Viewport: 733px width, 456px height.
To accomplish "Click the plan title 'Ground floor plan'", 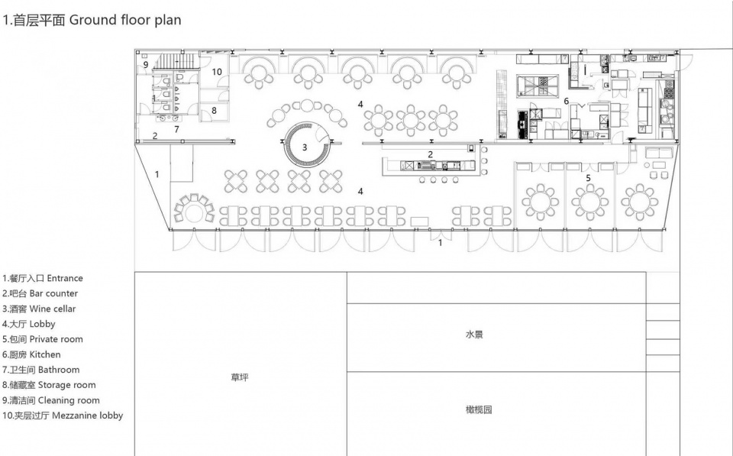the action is pyautogui.click(x=124, y=20).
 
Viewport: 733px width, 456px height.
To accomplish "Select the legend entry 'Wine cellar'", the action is pyautogui.click(x=53, y=309).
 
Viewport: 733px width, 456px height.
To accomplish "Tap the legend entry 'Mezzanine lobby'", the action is pyautogui.click(x=87, y=416).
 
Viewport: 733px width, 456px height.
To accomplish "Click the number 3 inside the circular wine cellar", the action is pyautogui.click(x=305, y=147).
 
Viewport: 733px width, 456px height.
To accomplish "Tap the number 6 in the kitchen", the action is pyautogui.click(x=566, y=101).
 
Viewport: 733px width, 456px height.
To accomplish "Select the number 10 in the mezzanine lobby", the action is pyautogui.click(x=216, y=72).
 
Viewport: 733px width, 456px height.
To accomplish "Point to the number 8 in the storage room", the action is pyautogui.click(x=214, y=111).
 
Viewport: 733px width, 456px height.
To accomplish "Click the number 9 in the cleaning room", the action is pyautogui.click(x=146, y=65).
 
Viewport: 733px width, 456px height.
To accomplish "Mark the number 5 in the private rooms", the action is pyautogui.click(x=588, y=178).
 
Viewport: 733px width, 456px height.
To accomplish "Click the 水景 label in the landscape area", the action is pyautogui.click(x=474, y=335).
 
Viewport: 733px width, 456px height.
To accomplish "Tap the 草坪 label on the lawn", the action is pyautogui.click(x=240, y=377).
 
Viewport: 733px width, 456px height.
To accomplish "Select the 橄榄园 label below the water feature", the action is pyautogui.click(x=479, y=409).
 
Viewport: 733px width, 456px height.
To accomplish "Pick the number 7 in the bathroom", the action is pyautogui.click(x=176, y=130).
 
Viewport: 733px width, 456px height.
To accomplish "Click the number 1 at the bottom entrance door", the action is pyautogui.click(x=440, y=243).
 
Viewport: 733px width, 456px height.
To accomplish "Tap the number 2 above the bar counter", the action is pyautogui.click(x=430, y=154).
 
